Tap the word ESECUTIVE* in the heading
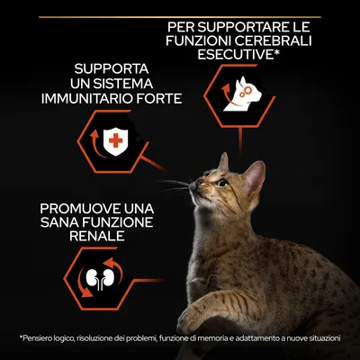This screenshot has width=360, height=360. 238,55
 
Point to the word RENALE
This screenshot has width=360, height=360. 97,236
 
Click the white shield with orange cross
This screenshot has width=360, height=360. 115,141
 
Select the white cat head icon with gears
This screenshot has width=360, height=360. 243,94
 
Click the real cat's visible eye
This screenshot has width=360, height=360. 222,183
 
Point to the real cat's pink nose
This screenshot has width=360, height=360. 199,182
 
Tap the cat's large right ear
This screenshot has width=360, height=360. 255,177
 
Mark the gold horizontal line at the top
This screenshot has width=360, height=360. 180,17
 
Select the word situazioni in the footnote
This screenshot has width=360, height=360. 325,338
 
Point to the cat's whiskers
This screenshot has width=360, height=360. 175,184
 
